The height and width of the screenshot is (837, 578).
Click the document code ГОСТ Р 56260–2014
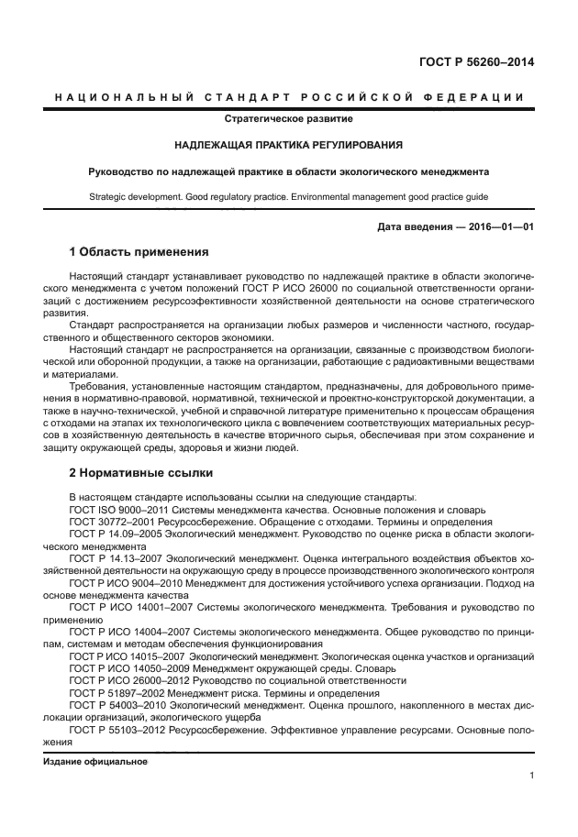477,62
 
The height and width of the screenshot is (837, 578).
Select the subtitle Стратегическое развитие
288,118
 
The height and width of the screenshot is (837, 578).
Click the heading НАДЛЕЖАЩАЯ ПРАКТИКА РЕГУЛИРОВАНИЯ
288,145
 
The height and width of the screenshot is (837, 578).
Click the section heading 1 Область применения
139,251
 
